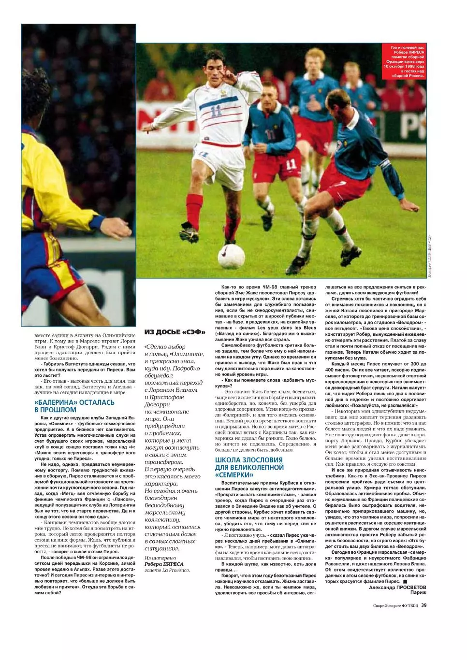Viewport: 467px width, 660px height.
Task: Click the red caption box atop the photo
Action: [x=404, y=61]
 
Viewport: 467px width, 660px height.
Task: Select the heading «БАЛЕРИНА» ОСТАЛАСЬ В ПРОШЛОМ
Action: [x=74, y=406]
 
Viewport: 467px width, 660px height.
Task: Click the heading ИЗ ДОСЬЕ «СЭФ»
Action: [x=175, y=332]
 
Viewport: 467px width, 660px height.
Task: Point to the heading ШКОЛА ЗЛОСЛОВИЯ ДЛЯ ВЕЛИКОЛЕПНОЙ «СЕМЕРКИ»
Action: [x=249, y=467]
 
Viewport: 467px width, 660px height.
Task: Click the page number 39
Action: [x=423, y=604]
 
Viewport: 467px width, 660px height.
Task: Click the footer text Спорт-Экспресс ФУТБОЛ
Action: [x=395, y=604]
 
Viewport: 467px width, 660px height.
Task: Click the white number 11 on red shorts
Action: [x=291, y=165]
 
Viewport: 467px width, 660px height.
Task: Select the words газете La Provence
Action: [x=167, y=570]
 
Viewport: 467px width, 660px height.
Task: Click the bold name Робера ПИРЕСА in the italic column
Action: [x=164, y=564]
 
